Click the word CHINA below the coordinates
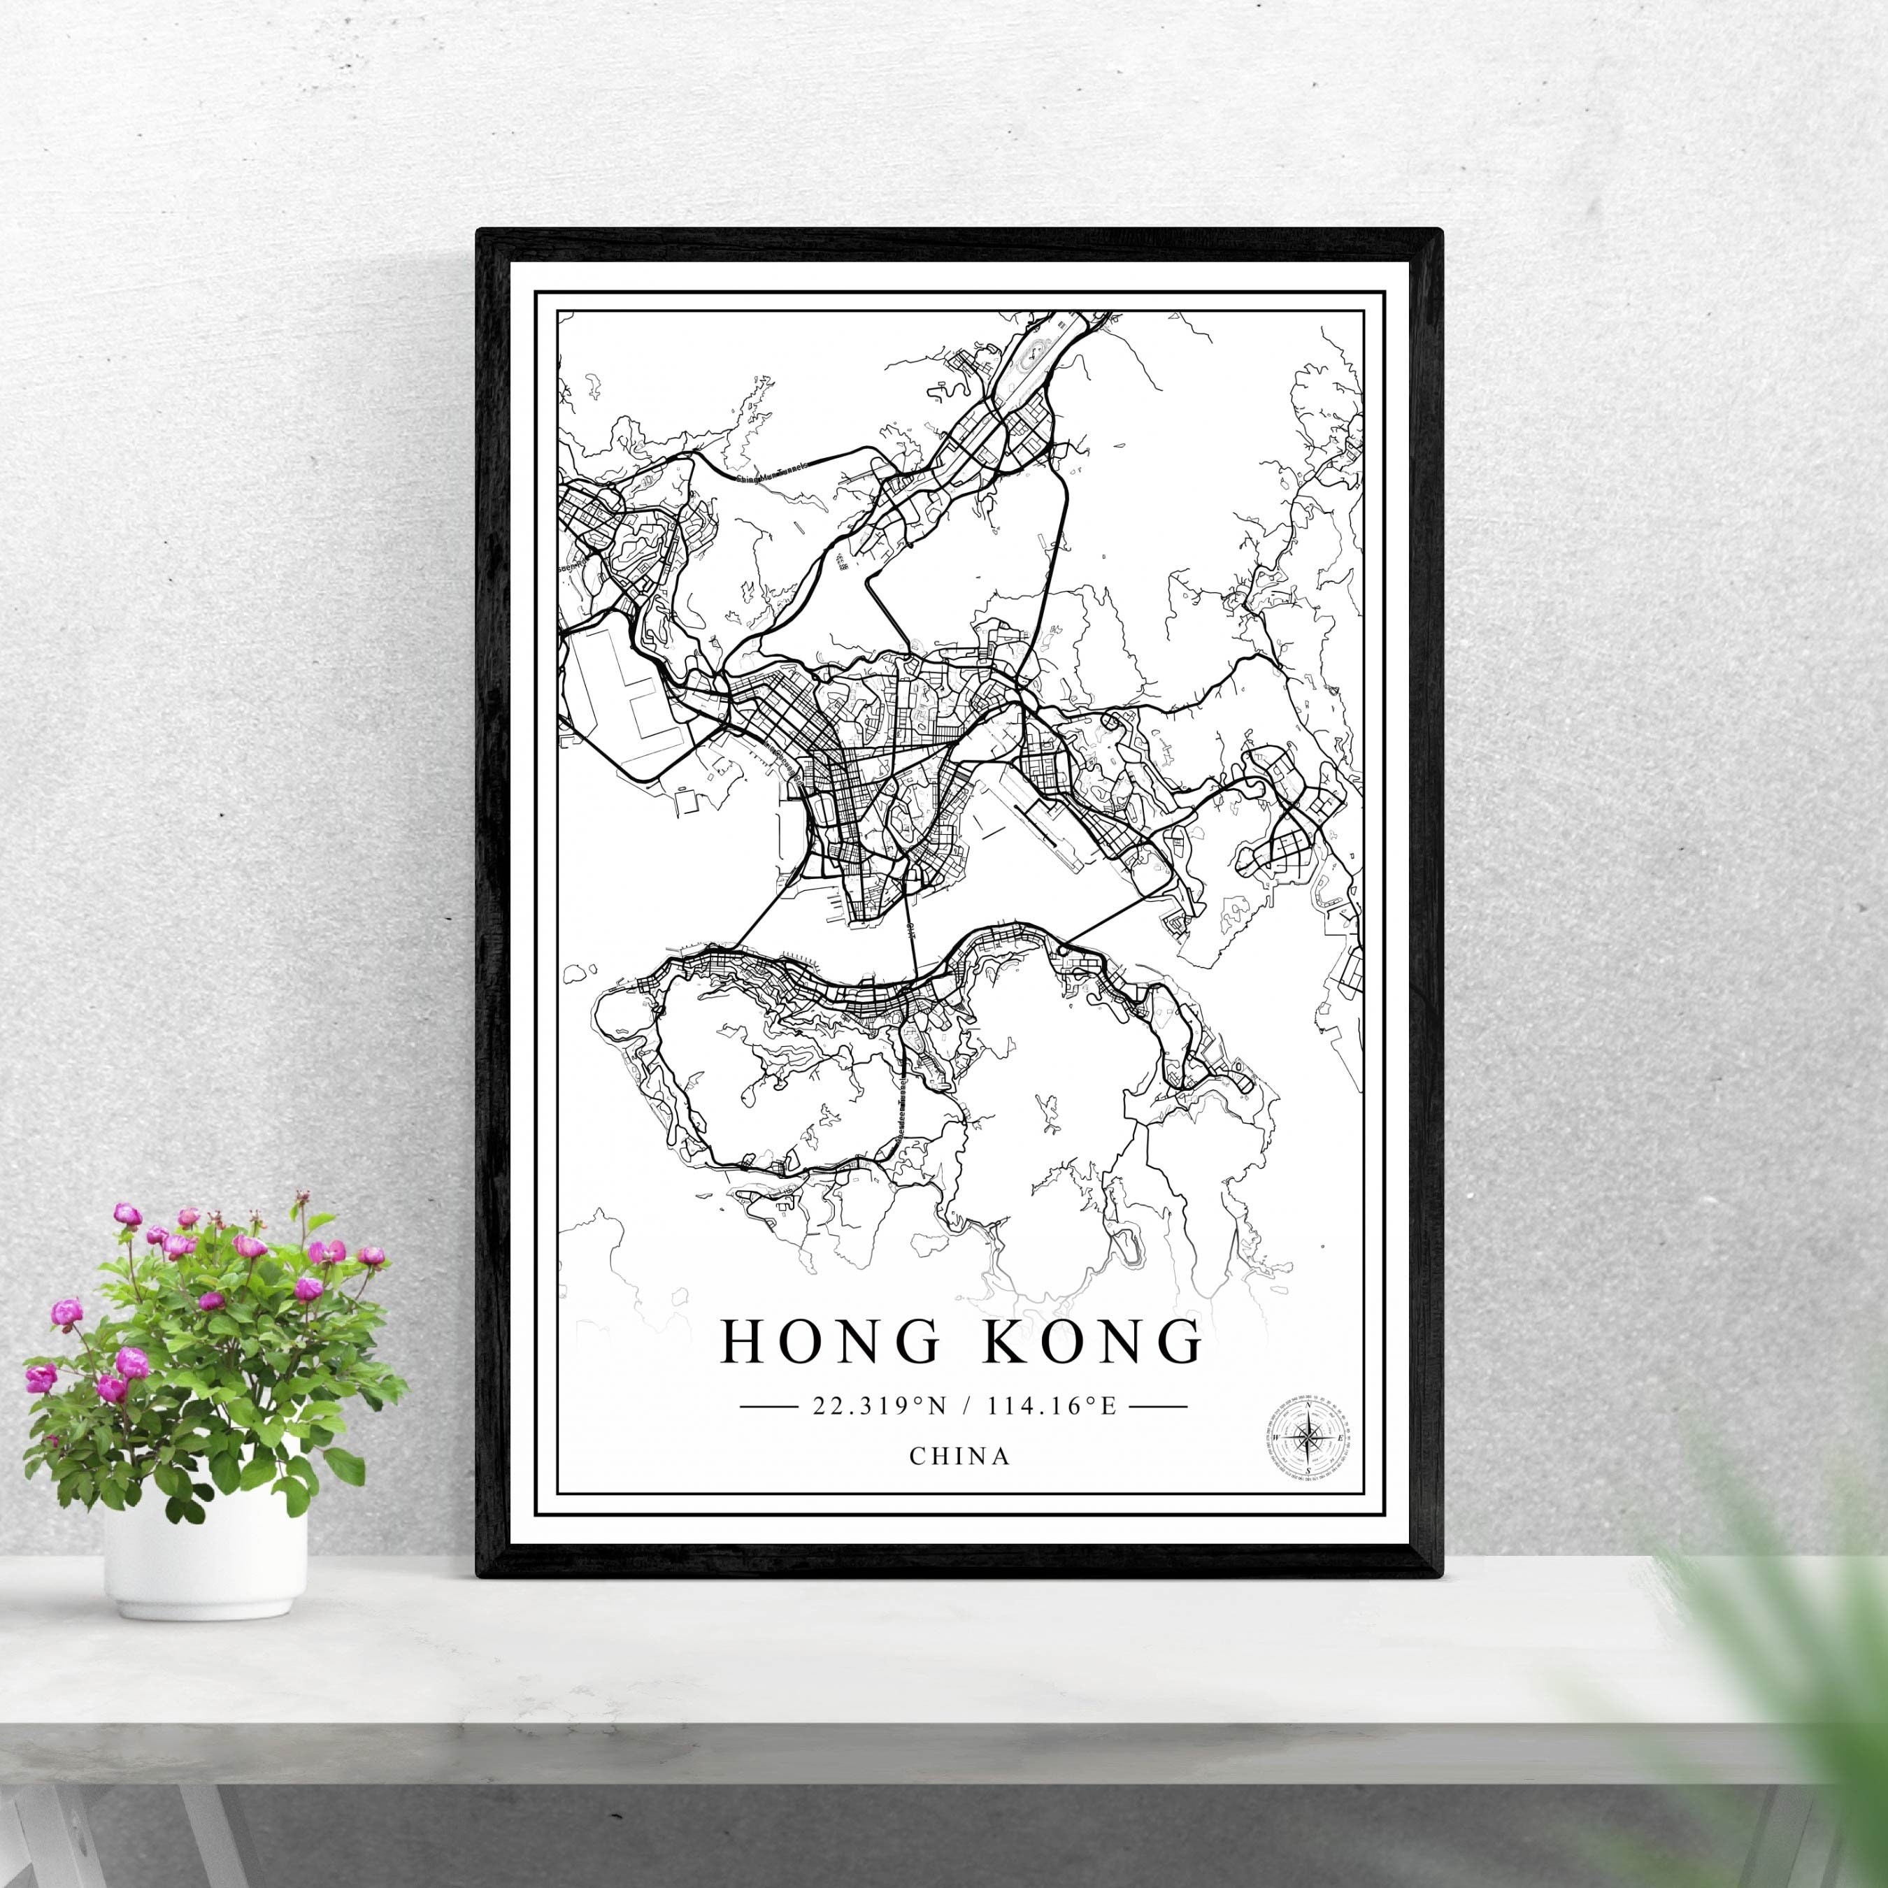coord(959,1455)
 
